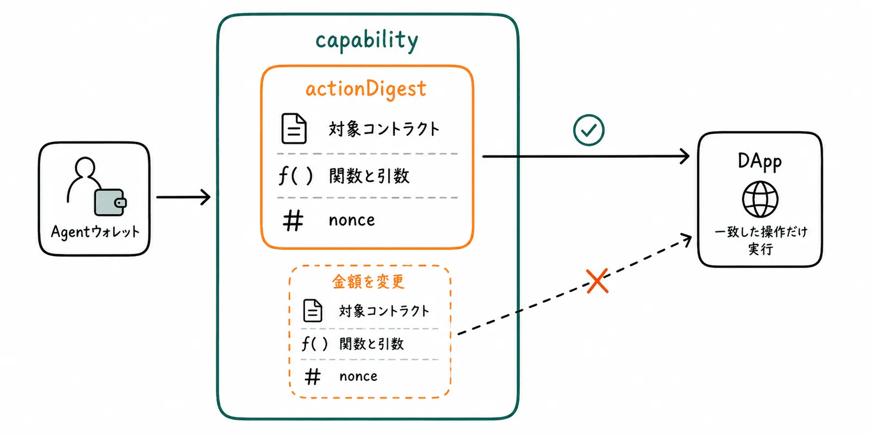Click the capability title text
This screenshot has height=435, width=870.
(366, 40)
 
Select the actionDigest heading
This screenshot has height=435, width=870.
(366, 89)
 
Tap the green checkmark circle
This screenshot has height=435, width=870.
(588, 130)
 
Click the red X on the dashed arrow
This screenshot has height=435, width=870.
(598, 281)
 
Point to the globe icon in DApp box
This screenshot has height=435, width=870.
(760, 199)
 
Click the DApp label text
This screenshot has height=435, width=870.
(760, 161)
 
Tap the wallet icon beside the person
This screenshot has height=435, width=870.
(110, 202)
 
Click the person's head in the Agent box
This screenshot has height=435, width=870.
(85, 167)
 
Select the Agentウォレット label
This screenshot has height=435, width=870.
(95, 232)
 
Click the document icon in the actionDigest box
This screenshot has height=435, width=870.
(294, 128)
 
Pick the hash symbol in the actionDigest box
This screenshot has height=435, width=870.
(293, 221)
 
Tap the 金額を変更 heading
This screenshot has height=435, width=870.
(368, 282)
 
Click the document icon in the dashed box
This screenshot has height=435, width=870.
(313, 310)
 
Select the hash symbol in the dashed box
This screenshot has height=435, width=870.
(313, 376)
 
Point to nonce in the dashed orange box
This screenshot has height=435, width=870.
(358, 376)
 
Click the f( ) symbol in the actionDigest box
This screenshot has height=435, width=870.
(296, 176)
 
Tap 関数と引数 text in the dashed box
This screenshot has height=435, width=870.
(372, 344)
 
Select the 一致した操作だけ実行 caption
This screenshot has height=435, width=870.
(761, 240)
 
